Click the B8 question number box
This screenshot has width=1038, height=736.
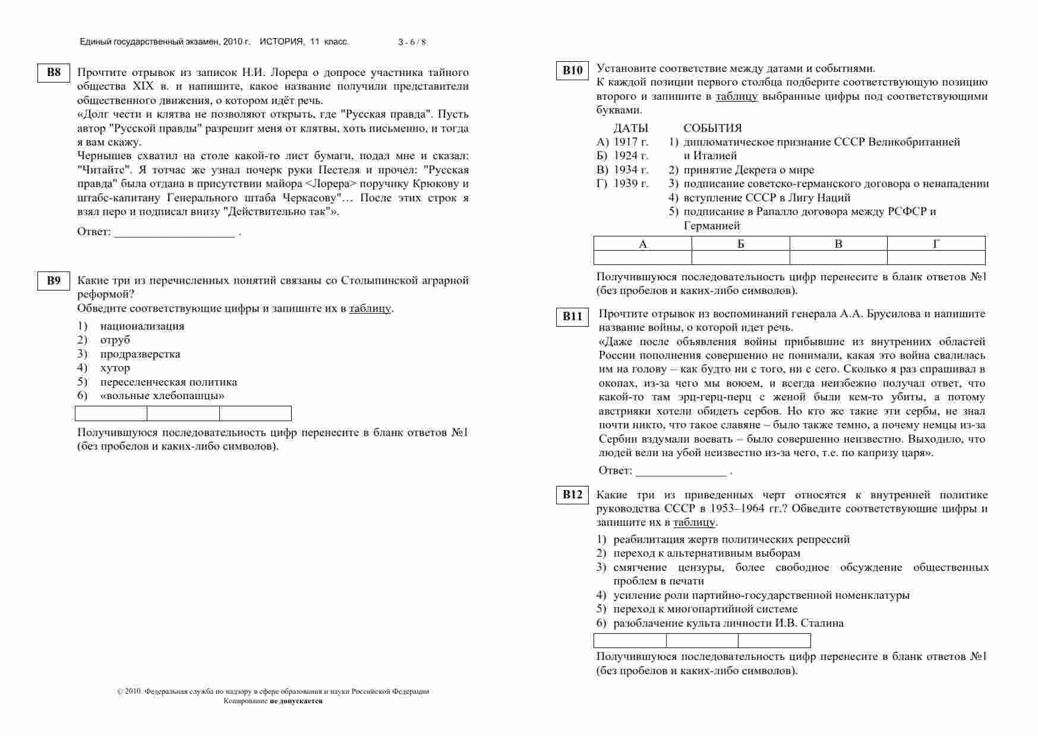(53, 73)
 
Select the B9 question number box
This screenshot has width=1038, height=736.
(53, 281)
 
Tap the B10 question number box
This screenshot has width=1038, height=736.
(572, 71)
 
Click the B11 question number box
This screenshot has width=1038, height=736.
(572, 317)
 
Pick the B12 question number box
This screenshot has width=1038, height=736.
(572, 495)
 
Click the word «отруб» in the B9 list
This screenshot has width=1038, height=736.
(115, 340)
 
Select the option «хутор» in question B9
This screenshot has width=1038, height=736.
(115, 368)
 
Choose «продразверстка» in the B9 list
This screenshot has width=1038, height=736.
(140, 354)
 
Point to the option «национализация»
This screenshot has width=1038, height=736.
(142, 326)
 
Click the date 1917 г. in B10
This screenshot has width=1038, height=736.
(630, 142)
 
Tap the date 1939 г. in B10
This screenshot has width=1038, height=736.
(630, 184)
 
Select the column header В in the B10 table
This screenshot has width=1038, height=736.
(838, 244)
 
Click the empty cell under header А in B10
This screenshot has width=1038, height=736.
(642, 258)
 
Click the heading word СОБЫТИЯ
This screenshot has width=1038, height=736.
(712, 128)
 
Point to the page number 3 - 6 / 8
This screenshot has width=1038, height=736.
(412, 42)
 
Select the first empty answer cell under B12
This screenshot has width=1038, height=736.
(629, 641)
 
